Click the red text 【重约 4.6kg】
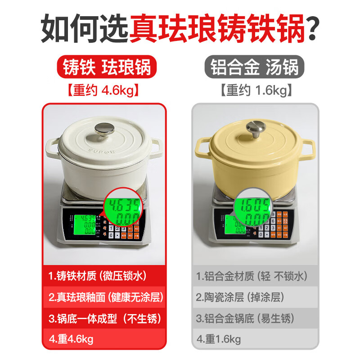point(103,90)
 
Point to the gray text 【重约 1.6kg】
point(255,90)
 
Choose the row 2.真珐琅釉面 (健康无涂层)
point(104,297)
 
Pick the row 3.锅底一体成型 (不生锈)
point(104,319)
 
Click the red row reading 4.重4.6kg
point(104,339)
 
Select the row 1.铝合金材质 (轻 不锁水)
point(255,275)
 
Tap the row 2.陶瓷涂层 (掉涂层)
point(255,297)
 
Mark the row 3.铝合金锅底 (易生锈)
point(255,319)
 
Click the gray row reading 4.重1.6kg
point(255,339)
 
